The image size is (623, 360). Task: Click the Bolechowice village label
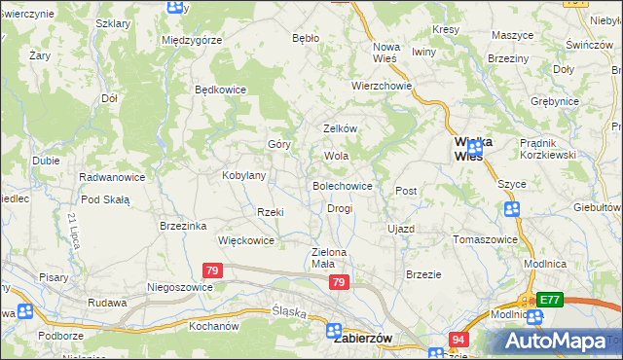pos(342,185)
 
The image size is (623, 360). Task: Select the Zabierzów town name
pos(362,339)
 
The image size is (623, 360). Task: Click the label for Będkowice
pos(221,90)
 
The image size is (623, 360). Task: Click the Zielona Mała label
pos(329,258)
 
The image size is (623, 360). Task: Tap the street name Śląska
pos(289,314)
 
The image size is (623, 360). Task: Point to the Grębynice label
pos(583,100)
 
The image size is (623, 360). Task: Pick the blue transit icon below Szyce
pos(512,210)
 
